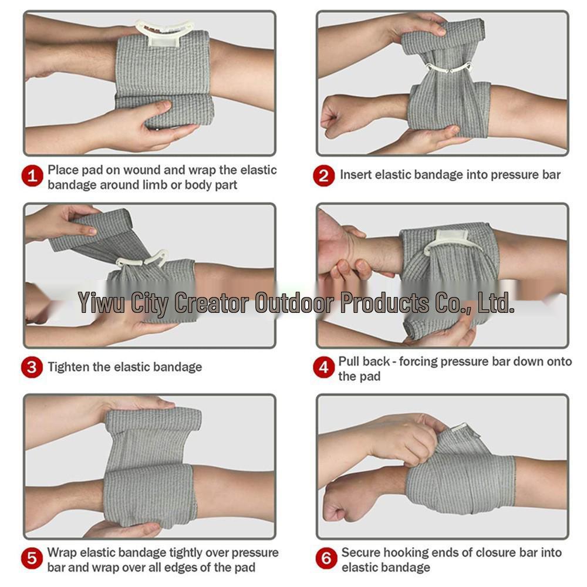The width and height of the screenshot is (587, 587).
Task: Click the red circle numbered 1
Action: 32,176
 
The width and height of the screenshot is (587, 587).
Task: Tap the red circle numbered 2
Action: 324,176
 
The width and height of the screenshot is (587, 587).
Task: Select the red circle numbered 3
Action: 32,367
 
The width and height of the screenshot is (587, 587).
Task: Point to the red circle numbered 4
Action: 324,367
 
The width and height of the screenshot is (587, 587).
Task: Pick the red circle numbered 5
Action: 32,558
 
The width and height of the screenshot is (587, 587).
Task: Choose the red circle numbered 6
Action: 326,558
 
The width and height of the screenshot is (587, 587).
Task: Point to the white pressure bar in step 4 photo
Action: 451,241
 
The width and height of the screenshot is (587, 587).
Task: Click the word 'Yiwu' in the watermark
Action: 101,302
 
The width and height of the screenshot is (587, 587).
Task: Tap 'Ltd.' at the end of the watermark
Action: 496,302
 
